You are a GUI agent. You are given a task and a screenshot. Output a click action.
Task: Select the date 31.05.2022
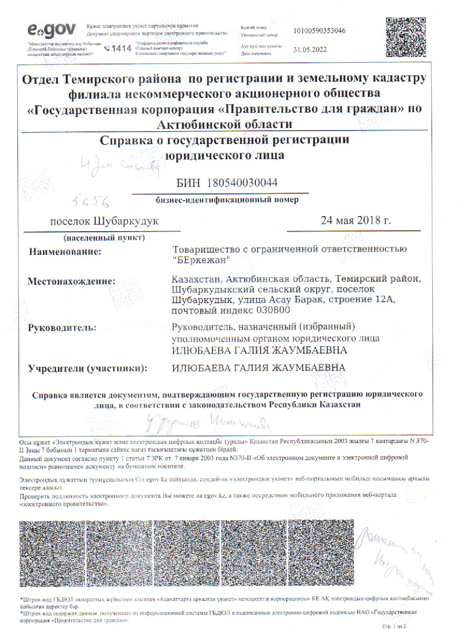[310, 49]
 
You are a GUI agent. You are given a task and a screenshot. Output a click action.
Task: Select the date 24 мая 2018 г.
[355, 220]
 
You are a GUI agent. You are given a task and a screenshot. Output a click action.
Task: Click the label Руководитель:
[62, 327]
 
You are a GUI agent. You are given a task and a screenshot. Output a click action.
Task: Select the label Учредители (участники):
[88, 368]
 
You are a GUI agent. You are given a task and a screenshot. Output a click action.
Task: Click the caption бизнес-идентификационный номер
[226, 200]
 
